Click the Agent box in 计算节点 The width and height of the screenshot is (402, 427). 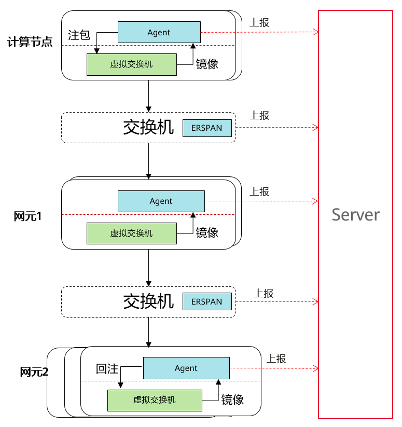[x=159, y=32]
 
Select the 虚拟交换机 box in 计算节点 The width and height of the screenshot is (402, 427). [x=131, y=64]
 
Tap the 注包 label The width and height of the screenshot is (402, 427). [x=79, y=35]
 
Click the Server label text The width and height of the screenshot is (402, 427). [x=355, y=214]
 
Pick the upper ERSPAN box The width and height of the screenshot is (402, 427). [x=206, y=128]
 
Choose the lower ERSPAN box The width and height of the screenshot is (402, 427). [x=206, y=301]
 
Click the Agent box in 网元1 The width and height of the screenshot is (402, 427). [x=161, y=201]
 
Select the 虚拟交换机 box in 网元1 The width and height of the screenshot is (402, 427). [x=131, y=233]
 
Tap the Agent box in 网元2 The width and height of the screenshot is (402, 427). [x=186, y=368]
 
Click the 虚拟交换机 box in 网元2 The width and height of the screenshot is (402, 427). [x=154, y=400]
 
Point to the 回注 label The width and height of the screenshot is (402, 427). [x=107, y=369]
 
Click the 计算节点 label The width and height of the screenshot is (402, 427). [x=30, y=42]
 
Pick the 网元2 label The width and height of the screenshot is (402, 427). [x=34, y=371]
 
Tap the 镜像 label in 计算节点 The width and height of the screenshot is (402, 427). [x=207, y=64]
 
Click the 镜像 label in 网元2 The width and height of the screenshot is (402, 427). [x=232, y=400]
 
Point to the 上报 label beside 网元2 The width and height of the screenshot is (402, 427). [x=276, y=359]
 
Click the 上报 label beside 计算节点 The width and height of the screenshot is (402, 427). [x=259, y=22]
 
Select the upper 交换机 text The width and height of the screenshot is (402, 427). [x=148, y=128]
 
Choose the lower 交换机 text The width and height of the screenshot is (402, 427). [x=148, y=301]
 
